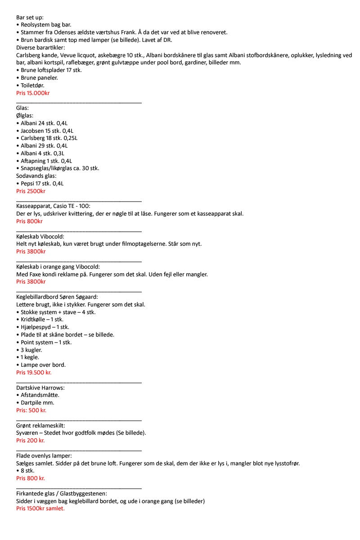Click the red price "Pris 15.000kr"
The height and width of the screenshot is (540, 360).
tap(33, 93)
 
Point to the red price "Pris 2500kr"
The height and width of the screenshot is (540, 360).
tap(31, 191)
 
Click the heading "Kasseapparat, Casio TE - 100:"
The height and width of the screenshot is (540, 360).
tap(53, 206)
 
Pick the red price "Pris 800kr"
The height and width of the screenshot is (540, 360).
tap(29, 221)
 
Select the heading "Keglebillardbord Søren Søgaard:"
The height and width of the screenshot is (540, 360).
tap(57, 297)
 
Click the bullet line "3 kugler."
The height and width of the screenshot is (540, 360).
tap(31, 350)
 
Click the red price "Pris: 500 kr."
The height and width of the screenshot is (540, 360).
tap(31, 410)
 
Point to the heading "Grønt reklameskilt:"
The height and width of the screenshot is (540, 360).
tap(40, 425)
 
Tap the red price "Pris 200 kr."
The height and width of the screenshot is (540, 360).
tap(30, 441)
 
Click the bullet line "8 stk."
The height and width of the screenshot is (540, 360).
tap(28, 471)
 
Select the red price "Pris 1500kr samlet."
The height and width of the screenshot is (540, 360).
tap(40, 508)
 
